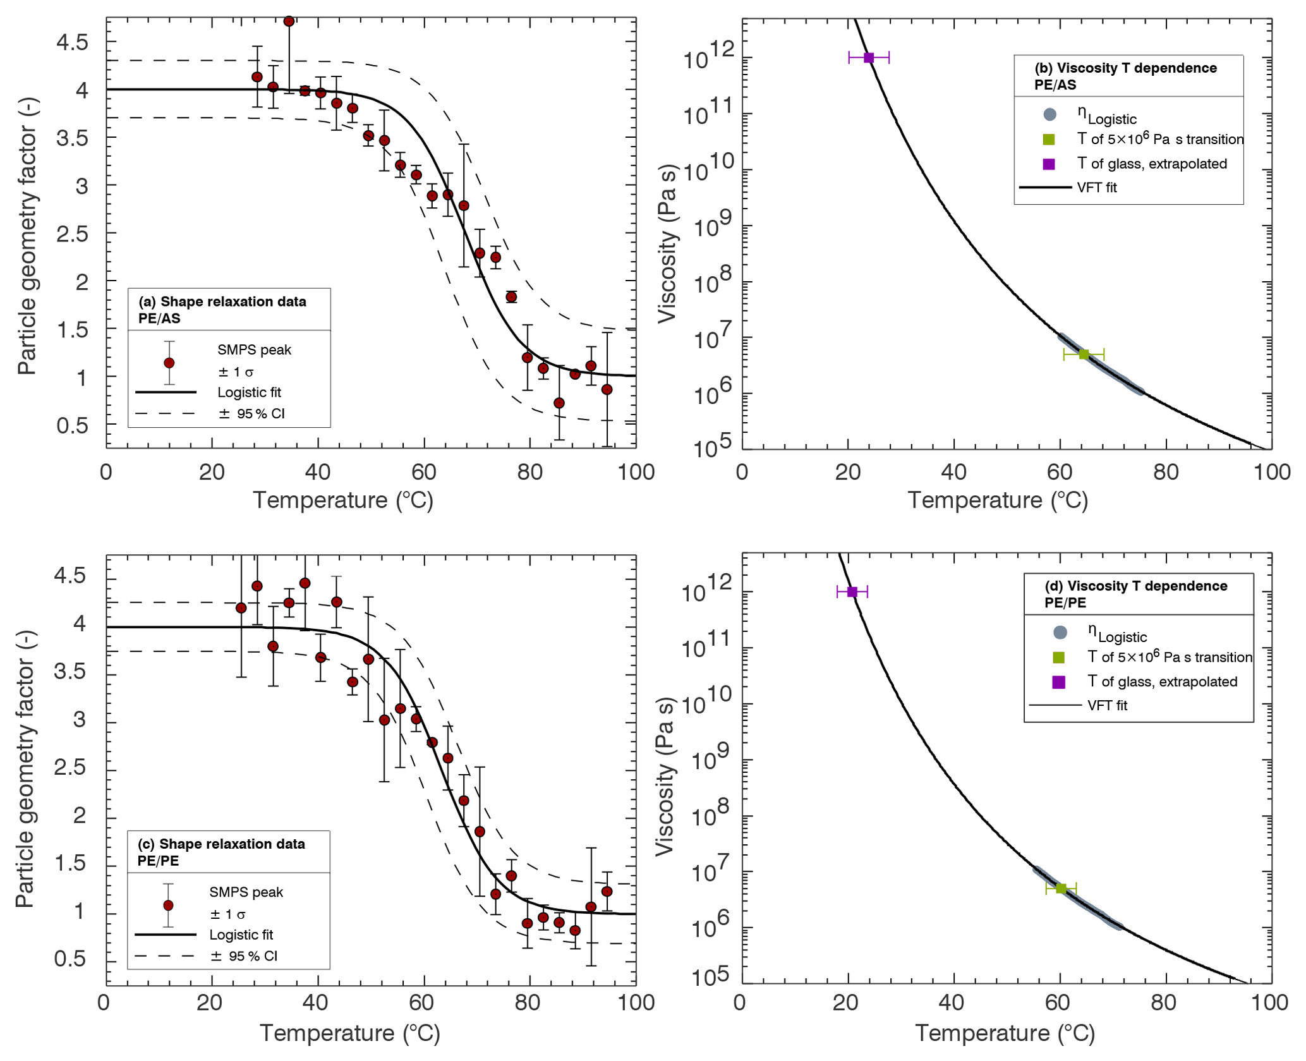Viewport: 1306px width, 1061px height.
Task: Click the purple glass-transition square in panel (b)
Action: pyautogui.click(x=869, y=58)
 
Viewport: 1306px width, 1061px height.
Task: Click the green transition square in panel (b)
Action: pyautogui.click(x=1084, y=354)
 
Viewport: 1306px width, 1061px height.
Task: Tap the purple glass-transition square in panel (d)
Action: pyautogui.click(x=852, y=591)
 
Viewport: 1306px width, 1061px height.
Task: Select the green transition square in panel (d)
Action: pyautogui.click(x=1061, y=888)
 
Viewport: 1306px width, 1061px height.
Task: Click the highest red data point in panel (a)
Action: pyautogui.click(x=289, y=21)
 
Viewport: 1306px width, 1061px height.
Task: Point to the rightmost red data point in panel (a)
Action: pyautogui.click(x=607, y=389)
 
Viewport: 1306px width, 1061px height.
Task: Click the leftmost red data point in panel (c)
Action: pyautogui.click(x=241, y=608)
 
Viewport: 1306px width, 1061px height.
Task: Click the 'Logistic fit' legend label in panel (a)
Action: pyautogui.click(x=249, y=392)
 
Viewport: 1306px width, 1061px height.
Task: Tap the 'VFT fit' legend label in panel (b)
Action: pyautogui.click(x=1097, y=188)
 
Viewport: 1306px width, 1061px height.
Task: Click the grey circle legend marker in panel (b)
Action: pyautogui.click(x=1049, y=114)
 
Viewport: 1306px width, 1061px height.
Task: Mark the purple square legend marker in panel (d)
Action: pyautogui.click(x=1059, y=682)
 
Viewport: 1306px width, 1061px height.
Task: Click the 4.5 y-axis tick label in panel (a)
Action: pyautogui.click(x=72, y=42)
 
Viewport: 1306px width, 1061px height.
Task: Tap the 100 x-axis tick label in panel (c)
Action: pyautogui.click(x=636, y=1002)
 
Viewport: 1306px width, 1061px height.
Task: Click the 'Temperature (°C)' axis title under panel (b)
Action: pyautogui.click(x=998, y=500)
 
